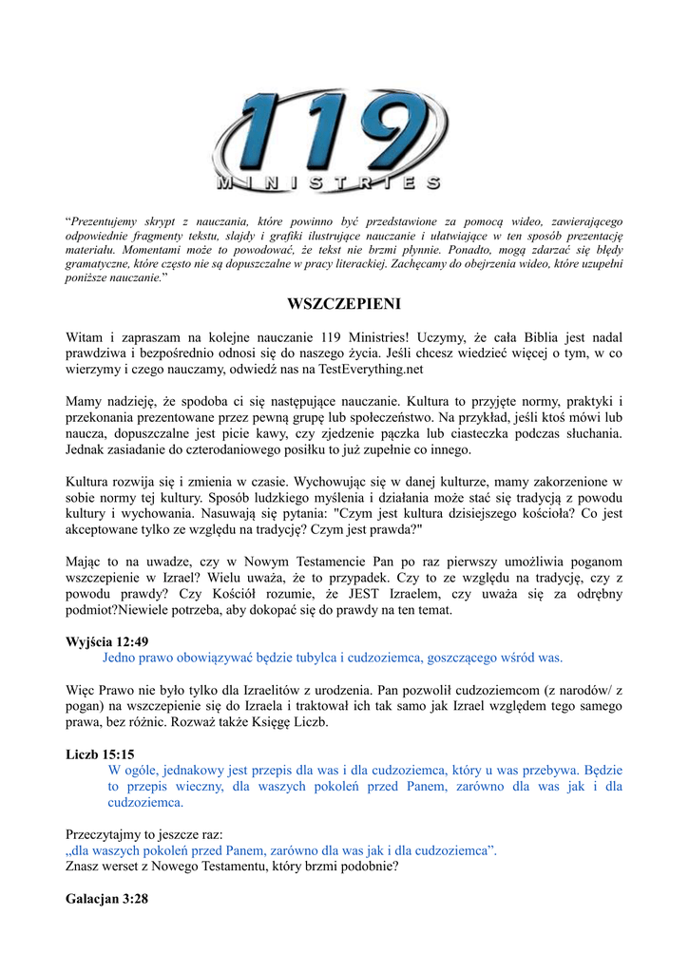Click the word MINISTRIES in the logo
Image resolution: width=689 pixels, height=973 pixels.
pyautogui.click(x=328, y=181)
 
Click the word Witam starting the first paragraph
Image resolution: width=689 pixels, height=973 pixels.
pyautogui.click(x=84, y=336)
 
